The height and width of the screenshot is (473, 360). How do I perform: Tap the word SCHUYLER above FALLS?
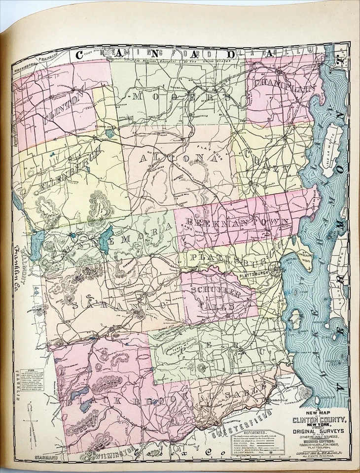[x=217, y=291]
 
